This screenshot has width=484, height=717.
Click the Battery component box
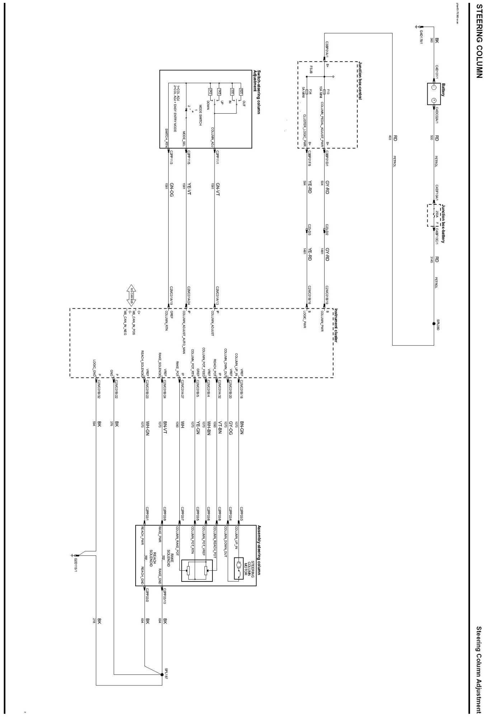[x=433, y=94]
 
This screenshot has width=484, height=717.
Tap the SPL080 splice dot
[x=434, y=323]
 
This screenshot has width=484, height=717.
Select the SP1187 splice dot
[x=162, y=674]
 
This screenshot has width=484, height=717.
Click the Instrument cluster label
[x=336, y=325]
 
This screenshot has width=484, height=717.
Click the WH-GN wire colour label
[x=147, y=429]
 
